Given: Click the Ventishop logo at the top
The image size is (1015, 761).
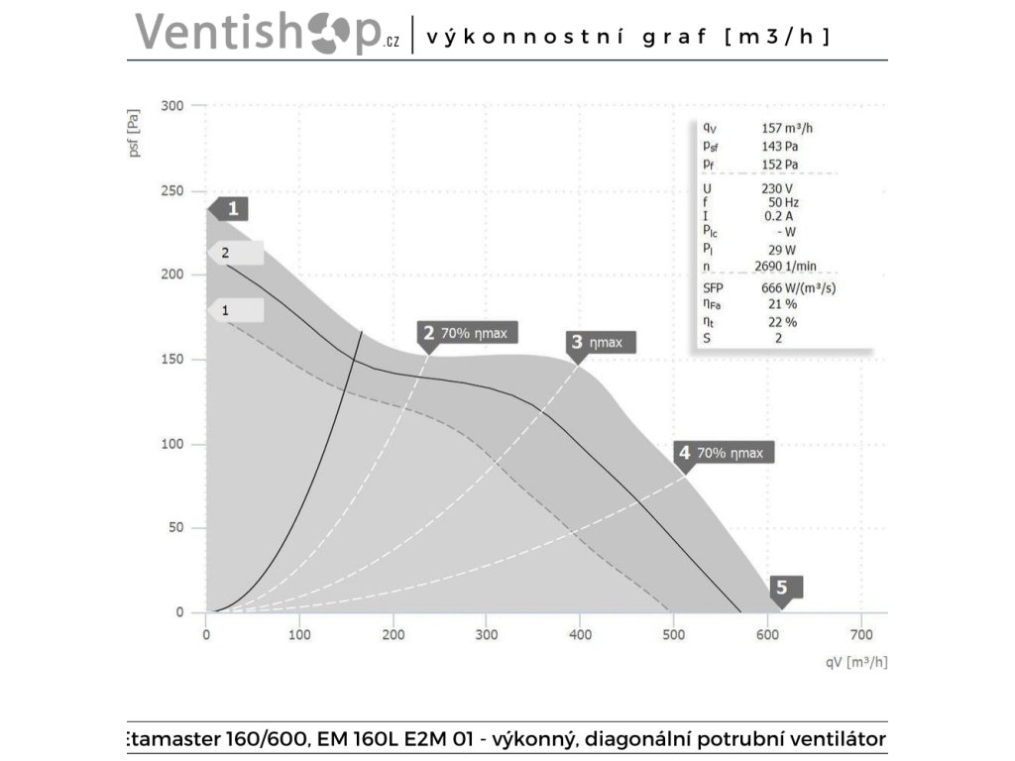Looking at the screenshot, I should pyautogui.click(x=268, y=33).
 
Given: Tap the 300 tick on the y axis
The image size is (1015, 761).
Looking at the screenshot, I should pyautogui.click(x=172, y=106).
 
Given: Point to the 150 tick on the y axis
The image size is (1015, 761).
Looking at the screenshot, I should pyautogui.click(x=172, y=360).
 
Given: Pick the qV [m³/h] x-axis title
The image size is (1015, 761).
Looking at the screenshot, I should pyautogui.click(x=853, y=662).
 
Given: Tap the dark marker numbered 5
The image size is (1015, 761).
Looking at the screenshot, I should pyautogui.click(x=782, y=588).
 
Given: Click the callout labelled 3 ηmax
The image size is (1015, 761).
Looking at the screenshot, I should pyautogui.click(x=600, y=343).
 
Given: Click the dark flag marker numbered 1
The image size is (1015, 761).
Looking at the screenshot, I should pyautogui.click(x=229, y=209).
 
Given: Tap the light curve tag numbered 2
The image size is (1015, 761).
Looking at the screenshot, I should pyautogui.click(x=236, y=253).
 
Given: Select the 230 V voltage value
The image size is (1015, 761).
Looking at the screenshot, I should pyautogui.click(x=778, y=188).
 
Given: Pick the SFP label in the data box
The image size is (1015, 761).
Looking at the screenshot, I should pyautogui.click(x=714, y=287).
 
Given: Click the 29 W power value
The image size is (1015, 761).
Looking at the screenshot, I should pyautogui.click(x=783, y=251).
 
